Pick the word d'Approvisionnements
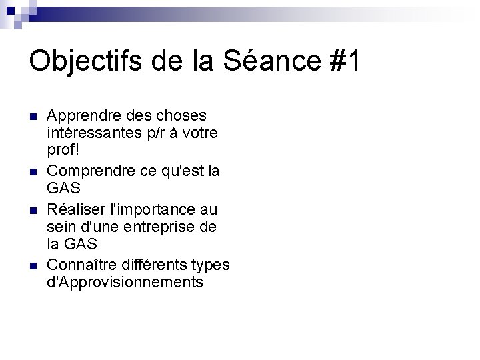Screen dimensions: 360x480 125,282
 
